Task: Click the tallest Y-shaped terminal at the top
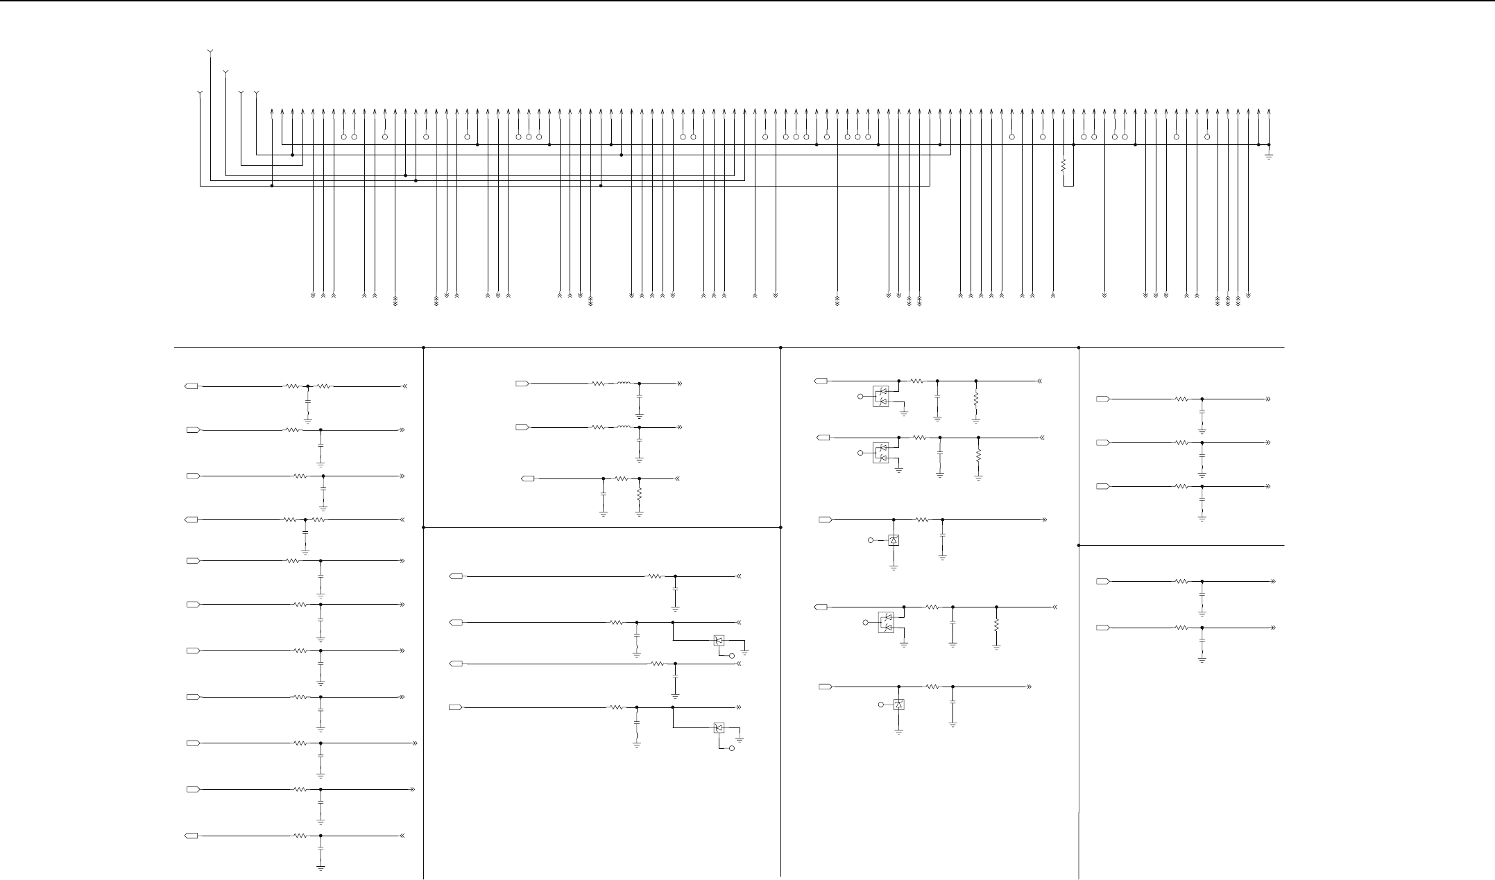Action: (210, 52)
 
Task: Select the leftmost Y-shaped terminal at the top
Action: (200, 93)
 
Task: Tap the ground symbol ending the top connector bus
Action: (1269, 155)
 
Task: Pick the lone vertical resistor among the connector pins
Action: (1063, 166)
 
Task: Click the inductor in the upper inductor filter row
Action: (624, 383)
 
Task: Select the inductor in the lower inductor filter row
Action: (624, 427)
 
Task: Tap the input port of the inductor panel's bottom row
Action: (528, 478)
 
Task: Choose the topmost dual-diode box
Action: (881, 397)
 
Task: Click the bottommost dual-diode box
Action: (886, 622)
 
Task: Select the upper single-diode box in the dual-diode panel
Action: (894, 540)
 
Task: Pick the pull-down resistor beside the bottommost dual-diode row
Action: (996, 624)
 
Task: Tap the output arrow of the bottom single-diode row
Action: (1029, 687)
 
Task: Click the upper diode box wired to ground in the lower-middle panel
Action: (719, 641)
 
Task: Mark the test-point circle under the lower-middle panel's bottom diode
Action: (731, 750)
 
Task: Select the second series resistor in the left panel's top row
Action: (324, 386)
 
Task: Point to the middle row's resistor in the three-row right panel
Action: (1181, 442)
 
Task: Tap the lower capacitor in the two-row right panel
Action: (1202, 641)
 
